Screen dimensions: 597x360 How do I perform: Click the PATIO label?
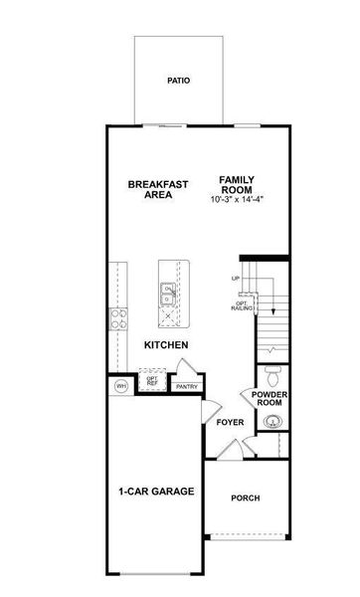point(178,81)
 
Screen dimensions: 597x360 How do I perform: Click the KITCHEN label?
point(166,345)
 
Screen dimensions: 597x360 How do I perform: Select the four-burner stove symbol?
point(118,318)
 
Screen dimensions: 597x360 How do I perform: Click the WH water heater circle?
point(121,386)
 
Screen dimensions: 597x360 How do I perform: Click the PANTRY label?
point(185,387)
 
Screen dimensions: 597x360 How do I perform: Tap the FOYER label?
point(230,422)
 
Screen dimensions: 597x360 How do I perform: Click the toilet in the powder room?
point(271,376)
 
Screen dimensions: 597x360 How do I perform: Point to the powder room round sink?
point(271,423)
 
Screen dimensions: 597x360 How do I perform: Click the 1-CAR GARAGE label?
point(156,492)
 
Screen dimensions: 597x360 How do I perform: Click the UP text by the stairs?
point(236,279)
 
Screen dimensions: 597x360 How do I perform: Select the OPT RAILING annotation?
point(242,306)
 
